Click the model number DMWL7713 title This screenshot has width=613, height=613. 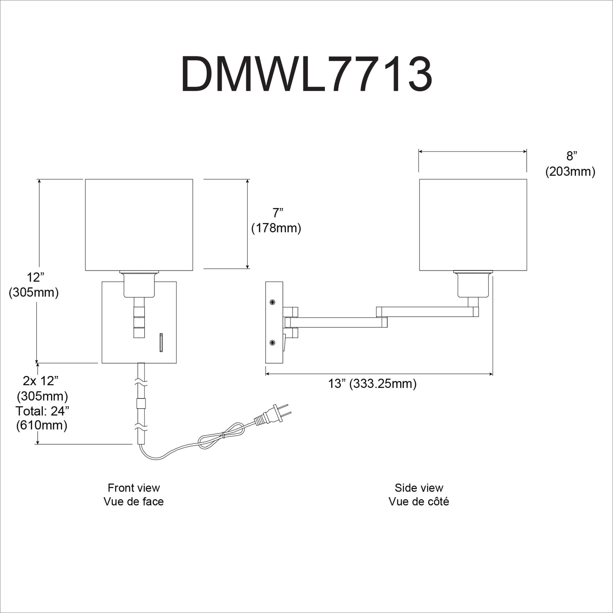click(306, 74)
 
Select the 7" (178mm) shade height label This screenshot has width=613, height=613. click(276, 220)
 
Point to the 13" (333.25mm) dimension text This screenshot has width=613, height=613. click(372, 384)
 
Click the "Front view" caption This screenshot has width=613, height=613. click(134, 488)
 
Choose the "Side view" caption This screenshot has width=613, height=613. click(419, 488)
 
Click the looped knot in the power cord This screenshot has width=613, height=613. click(221, 436)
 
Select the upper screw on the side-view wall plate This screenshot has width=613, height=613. click(272, 302)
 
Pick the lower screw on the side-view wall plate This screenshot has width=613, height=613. click(272, 342)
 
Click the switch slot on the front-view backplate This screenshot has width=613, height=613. click(161, 342)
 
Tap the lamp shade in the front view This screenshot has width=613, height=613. click(139, 225)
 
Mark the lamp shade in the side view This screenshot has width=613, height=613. click(473, 225)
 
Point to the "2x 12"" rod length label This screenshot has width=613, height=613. click(41, 381)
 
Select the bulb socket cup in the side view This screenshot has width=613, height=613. click(473, 284)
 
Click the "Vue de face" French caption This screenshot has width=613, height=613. click(134, 501)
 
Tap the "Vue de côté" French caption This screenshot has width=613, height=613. click(419, 501)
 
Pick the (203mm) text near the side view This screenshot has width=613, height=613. click(570, 172)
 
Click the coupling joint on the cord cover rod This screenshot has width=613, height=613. click(141, 404)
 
